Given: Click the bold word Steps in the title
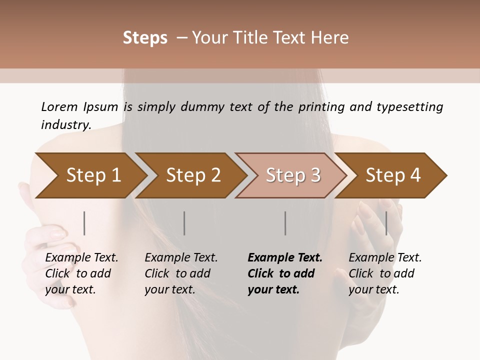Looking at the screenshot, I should (x=145, y=38).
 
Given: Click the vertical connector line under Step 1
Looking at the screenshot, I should (x=84, y=223).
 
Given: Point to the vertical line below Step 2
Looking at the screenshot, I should (x=184, y=223).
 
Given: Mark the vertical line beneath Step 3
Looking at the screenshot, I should (x=285, y=223).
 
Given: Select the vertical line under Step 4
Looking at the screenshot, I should (x=386, y=223).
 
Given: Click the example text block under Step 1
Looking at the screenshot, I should (x=81, y=273).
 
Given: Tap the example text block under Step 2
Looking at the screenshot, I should (x=181, y=273).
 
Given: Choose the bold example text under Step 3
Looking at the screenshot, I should (x=285, y=273).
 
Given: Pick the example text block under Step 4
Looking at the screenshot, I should (x=385, y=273).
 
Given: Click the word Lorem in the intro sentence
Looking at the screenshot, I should (x=59, y=106).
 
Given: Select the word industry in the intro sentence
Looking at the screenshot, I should (x=65, y=124).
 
